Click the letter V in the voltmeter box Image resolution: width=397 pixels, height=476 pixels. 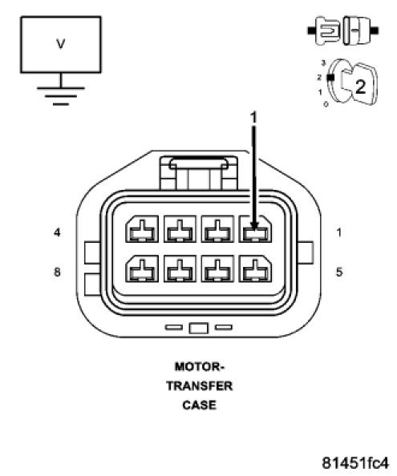click(61, 44)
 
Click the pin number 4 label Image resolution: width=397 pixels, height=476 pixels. click(57, 232)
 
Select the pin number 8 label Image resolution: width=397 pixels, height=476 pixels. click(57, 272)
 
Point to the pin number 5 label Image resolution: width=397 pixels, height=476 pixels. click(339, 272)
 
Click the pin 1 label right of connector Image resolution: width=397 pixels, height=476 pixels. click(339, 232)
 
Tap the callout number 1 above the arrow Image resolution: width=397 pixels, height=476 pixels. click(253, 117)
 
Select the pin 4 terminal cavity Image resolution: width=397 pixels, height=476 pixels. click(142, 229)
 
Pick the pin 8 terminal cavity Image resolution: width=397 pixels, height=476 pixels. click(142, 268)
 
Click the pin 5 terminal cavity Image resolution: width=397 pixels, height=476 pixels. click(256, 268)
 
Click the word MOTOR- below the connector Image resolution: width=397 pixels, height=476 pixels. click(199, 367)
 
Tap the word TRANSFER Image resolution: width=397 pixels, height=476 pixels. click(199, 386)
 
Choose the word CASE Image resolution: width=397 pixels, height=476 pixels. click(199, 405)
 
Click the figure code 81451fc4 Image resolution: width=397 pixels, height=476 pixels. click(355, 463)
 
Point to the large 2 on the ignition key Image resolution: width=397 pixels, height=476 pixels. click(360, 87)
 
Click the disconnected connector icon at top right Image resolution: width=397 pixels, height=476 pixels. click(343, 30)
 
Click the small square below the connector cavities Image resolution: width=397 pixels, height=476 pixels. click(199, 329)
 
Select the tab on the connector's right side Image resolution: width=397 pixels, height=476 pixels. click(306, 252)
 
